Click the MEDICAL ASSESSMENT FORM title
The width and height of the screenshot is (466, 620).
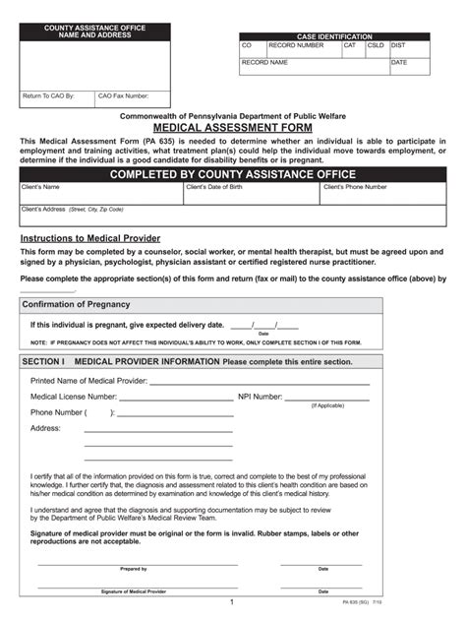tap(232, 128)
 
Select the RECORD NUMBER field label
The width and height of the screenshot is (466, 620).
tap(296, 45)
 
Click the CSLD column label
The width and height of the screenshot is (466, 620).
tap(377, 45)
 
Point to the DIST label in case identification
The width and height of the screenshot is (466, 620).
tap(398, 45)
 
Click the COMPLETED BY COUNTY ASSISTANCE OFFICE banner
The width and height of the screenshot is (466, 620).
tap(232, 174)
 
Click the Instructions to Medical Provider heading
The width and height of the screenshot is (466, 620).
tap(90, 238)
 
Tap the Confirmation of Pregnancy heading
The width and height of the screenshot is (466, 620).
tap(76, 304)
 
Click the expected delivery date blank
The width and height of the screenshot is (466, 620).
tap(254, 324)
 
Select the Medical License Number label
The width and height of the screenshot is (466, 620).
tap(74, 396)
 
